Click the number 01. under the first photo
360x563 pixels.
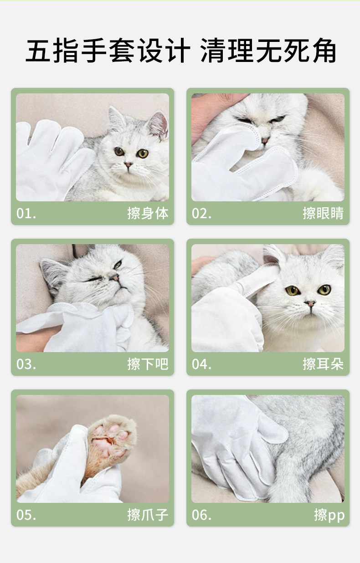point(26,213)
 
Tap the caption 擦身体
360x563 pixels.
point(148,213)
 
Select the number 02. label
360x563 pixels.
point(201,213)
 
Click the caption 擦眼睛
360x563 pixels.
point(323,213)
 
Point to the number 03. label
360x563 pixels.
point(26,364)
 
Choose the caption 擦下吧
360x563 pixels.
point(148,364)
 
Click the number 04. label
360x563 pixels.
point(201,364)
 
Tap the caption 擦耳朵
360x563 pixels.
point(323,364)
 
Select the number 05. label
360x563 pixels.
point(26,515)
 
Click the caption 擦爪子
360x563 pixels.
point(148,515)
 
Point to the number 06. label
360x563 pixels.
point(201,515)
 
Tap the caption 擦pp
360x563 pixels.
point(329,515)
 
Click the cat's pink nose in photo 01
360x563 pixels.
point(128,164)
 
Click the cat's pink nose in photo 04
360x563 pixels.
point(310,303)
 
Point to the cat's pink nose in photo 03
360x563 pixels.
point(115,277)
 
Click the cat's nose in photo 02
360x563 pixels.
point(265,140)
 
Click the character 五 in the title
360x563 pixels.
point(38,51)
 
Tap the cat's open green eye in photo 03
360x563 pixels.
point(118,264)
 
